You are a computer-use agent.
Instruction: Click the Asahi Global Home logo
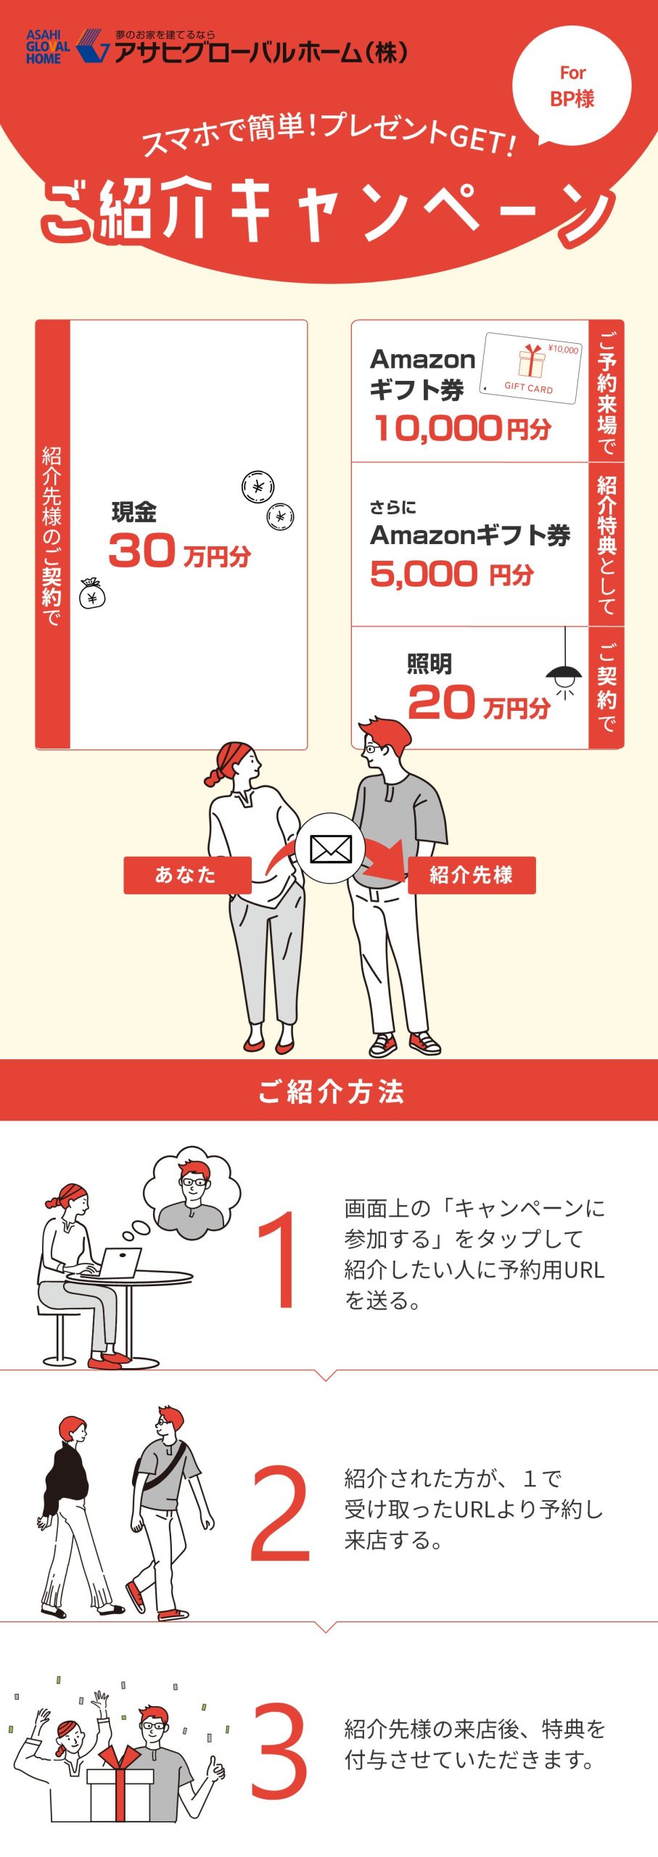pyautogui.click(x=68, y=47)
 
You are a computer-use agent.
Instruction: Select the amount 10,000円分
pyautogui.click(x=462, y=428)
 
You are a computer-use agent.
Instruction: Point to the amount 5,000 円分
pyautogui.click(x=452, y=575)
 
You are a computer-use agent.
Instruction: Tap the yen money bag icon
pyautogui.click(x=92, y=593)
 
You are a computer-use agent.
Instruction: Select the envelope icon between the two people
pyautogui.click(x=331, y=848)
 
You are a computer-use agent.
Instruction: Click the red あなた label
pyautogui.click(x=187, y=875)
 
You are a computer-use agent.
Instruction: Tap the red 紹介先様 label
pyautogui.click(x=472, y=875)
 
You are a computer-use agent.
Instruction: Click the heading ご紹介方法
pyautogui.click(x=331, y=1091)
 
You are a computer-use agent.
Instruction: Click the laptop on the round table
pyautogui.click(x=119, y=1263)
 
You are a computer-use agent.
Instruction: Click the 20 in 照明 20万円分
pyautogui.click(x=441, y=702)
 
